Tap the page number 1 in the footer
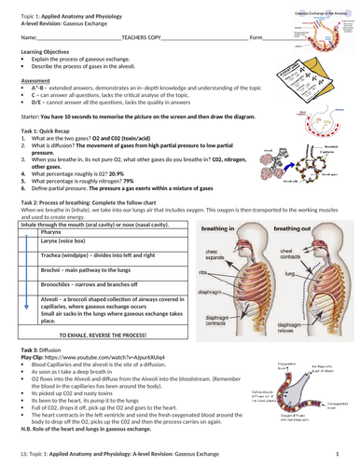click(x=346, y=452)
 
